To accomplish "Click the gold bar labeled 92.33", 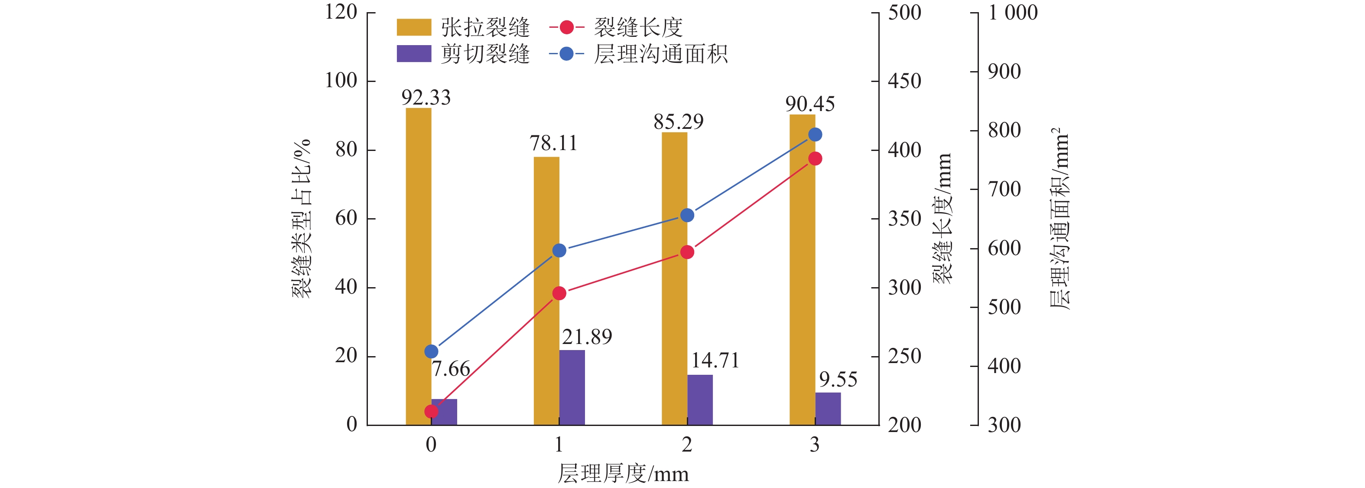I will point(418,265).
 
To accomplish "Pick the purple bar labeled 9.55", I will point(828,409).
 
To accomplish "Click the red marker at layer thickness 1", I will point(559,293).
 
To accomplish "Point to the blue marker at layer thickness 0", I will point(431,351).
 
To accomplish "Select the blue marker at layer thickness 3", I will point(815,135).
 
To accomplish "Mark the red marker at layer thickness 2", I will point(687,252).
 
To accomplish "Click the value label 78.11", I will point(553,143).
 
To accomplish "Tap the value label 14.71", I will point(715,361).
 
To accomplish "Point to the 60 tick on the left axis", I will point(346,218).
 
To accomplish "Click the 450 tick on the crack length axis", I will point(904,81).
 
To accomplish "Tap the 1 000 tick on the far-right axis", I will point(1012,13).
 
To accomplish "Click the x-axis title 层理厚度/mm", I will point(623,473).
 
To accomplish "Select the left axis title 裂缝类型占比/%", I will point(302,219).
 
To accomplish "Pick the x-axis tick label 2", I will point(687,445).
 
